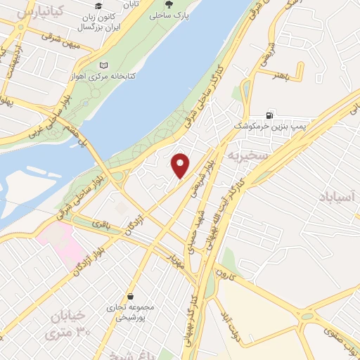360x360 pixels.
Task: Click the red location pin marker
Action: [x=181, y=165]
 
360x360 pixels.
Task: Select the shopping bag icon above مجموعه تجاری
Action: [x=131, y=296]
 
